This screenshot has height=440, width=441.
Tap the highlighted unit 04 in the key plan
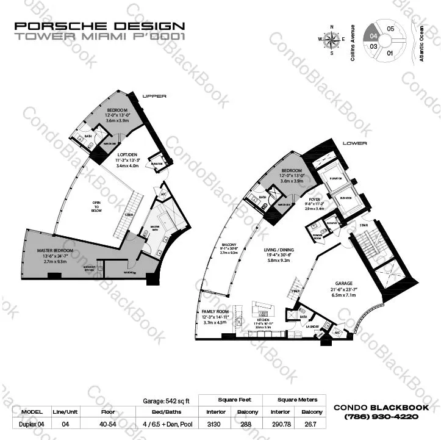click(x=371, y=35)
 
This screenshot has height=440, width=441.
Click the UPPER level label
click(x=154, y=96)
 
